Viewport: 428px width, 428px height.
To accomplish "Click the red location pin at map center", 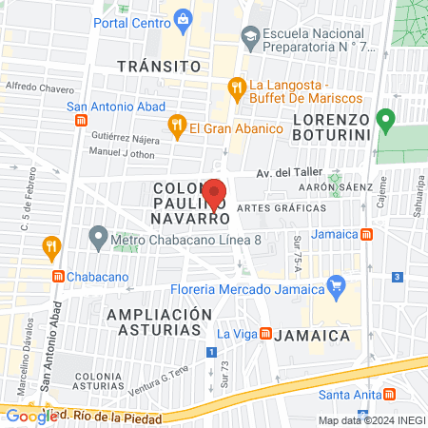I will pyautogui.click(x=214, y=193).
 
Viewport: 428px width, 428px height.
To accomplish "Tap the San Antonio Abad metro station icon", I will pyautogui.click(x=82, y=122).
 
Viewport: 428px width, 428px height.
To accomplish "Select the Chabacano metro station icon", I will pyautogui.click(x=59, y=276).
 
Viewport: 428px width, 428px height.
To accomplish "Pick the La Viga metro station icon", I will pyautogui.click(x=267, y=334).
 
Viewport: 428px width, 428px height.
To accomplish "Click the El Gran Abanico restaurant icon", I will pyautogui.click(x=176, y=126).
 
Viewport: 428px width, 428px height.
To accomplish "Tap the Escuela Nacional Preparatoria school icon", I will pyautogui.click(x=250, y=38).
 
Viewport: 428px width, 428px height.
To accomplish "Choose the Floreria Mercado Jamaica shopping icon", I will pyautogui.click(x=335, y=284).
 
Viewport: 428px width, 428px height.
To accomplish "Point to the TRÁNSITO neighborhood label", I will pyautogui.click(x=160, y=67).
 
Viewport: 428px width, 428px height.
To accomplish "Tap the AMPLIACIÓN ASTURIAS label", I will pyautogui.click(x=159, y=321).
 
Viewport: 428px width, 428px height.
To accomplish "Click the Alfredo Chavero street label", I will pyautogui.click(x=39, y=88).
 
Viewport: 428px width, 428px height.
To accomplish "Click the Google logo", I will pyautogui.click(x=30, y=416).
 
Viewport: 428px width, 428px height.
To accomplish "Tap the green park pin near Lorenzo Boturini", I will pyautogui.click(x=385, y=121).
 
